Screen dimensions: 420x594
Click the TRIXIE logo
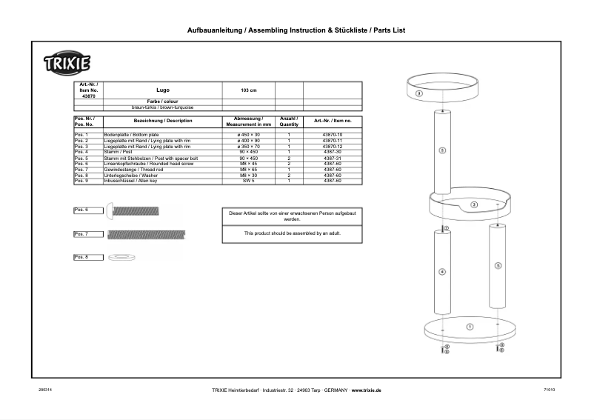67,64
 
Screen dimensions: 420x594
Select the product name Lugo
163,90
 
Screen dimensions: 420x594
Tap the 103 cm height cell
249,90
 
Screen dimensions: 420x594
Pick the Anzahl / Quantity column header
287,121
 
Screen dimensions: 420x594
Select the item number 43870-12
333,147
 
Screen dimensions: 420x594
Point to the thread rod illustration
145,235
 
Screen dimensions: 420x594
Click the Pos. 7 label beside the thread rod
81,234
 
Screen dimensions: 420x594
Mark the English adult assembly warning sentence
293,233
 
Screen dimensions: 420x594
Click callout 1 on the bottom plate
470,327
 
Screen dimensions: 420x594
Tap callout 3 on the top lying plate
418,94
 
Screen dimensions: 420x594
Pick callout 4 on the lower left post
442,272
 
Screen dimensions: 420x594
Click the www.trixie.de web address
366,390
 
